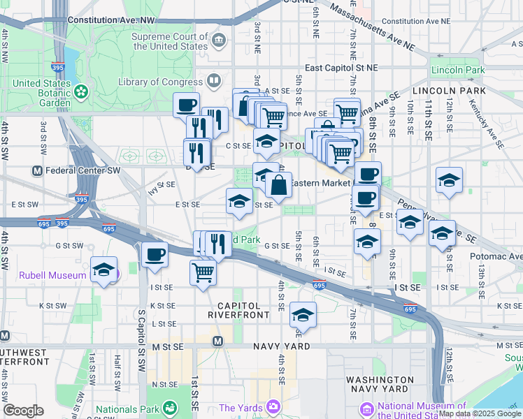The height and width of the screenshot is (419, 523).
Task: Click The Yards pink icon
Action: pos(272,406)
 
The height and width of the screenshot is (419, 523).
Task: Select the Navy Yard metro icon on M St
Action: pos(217,341)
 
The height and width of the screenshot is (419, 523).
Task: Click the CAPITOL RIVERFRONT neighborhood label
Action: pos(238,310)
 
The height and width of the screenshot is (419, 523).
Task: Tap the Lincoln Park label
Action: pos(458,71)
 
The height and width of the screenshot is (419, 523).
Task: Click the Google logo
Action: pos(22,411)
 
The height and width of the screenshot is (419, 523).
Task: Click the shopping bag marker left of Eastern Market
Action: pos(278,185)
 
